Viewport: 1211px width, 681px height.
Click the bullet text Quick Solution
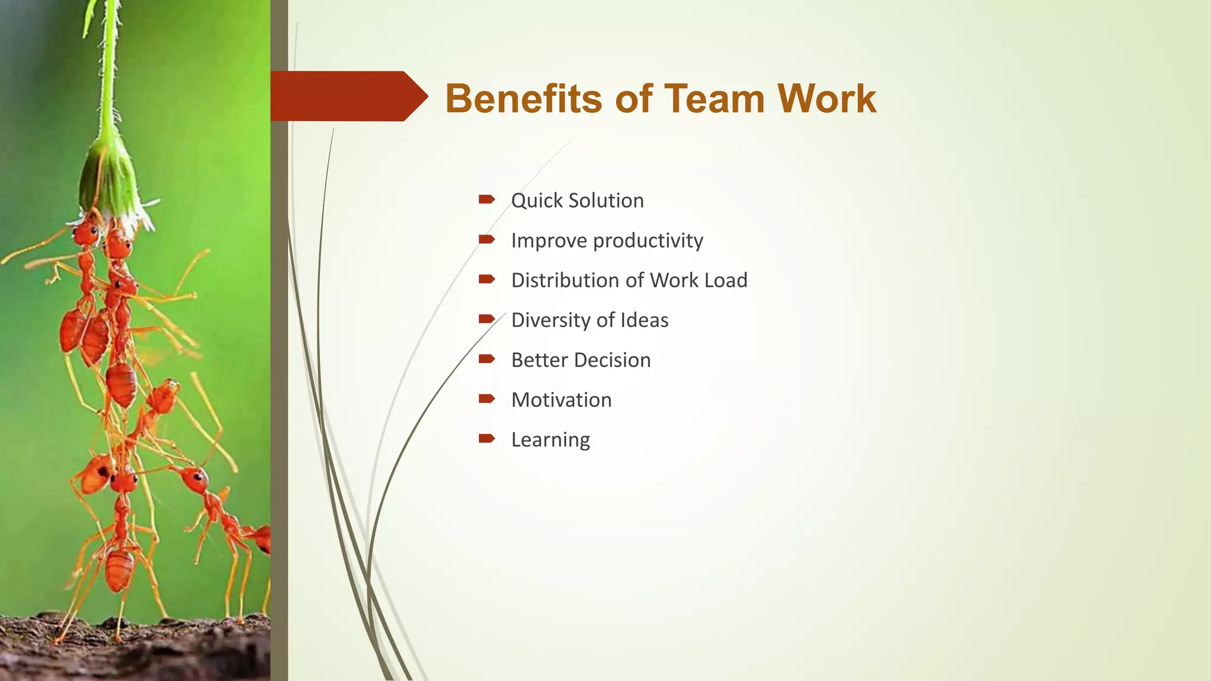point(577,200)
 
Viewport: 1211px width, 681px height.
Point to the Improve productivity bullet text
point(607,241)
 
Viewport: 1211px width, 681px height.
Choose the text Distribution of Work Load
point(629,280)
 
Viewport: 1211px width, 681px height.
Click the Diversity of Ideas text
point(590,320)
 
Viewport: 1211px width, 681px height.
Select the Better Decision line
point(581,360)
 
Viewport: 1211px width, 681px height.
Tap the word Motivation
point(561,400)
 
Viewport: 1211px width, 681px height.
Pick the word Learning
point(551,440)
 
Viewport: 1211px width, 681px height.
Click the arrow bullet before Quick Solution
point(487,199)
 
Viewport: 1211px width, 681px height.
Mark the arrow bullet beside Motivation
point(487,398)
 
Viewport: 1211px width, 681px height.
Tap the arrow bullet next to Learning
point(487,438)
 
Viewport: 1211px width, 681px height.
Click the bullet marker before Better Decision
point(487,358)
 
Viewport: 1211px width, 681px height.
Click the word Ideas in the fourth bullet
point(644,320)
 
